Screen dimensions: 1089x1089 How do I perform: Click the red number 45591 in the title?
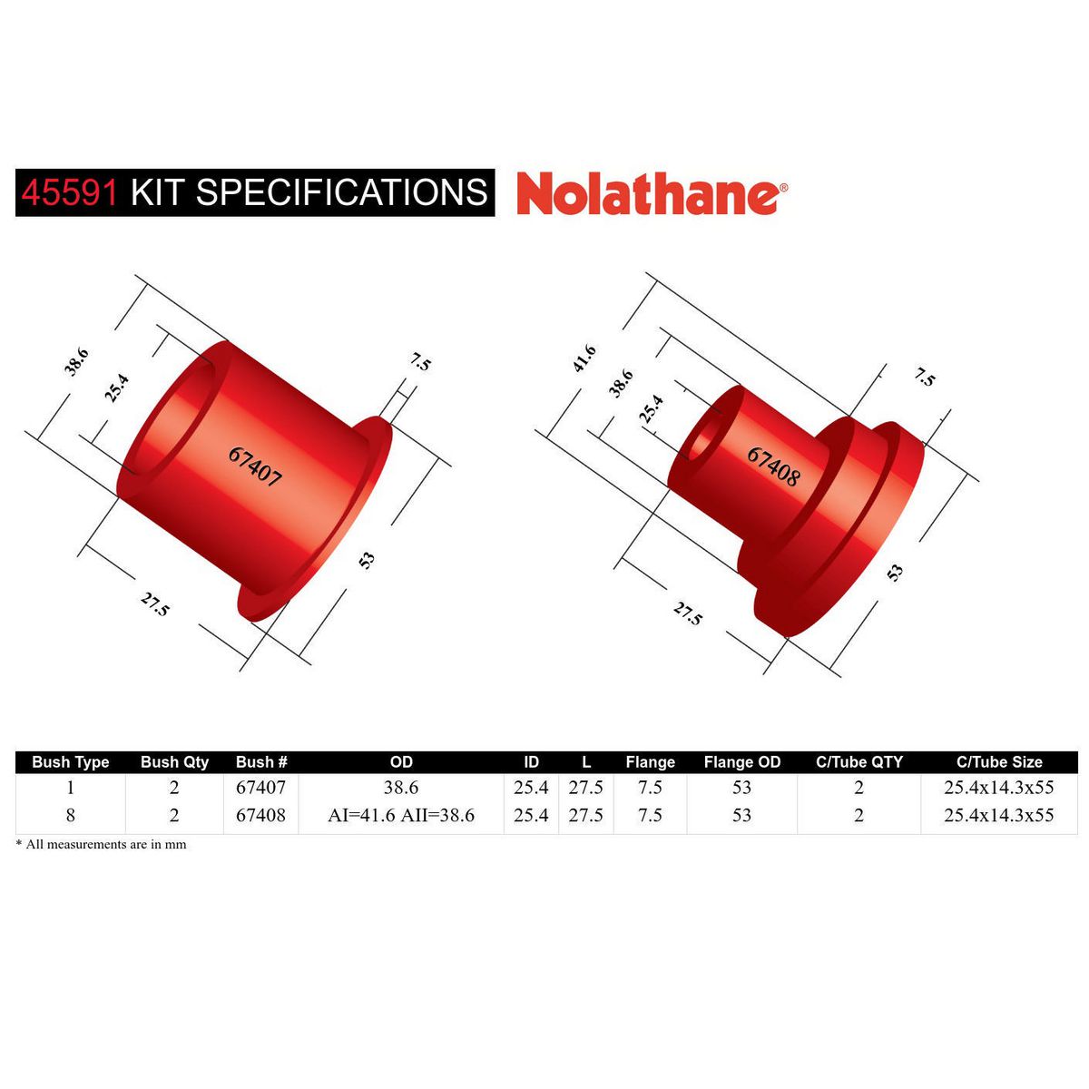click(70, 192)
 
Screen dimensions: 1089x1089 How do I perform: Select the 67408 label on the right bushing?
click(773, 466)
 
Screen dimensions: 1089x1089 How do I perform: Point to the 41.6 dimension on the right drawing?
click(584, 359)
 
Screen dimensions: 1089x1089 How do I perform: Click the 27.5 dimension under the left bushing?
click(154, 603)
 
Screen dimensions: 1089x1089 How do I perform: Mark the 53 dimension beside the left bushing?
click(367, 560)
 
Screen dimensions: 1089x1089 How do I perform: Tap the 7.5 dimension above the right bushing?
click(924, 377)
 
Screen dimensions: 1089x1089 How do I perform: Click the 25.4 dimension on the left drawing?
click(116, 388)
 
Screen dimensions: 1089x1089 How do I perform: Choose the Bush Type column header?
click(70, 762)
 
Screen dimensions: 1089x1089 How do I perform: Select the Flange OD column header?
click(741, 762)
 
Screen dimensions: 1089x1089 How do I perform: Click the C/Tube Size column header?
click(998, 762)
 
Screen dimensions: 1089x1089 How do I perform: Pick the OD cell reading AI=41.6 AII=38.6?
click(400, 815)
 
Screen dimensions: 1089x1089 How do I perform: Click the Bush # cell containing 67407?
click(260, 788)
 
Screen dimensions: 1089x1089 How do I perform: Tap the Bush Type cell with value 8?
click(70, 815)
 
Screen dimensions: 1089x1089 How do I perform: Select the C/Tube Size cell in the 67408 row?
click(998, 815)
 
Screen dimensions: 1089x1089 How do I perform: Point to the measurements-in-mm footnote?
click(102, 844)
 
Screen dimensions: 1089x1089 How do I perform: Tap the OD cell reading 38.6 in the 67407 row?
click(400, 788)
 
